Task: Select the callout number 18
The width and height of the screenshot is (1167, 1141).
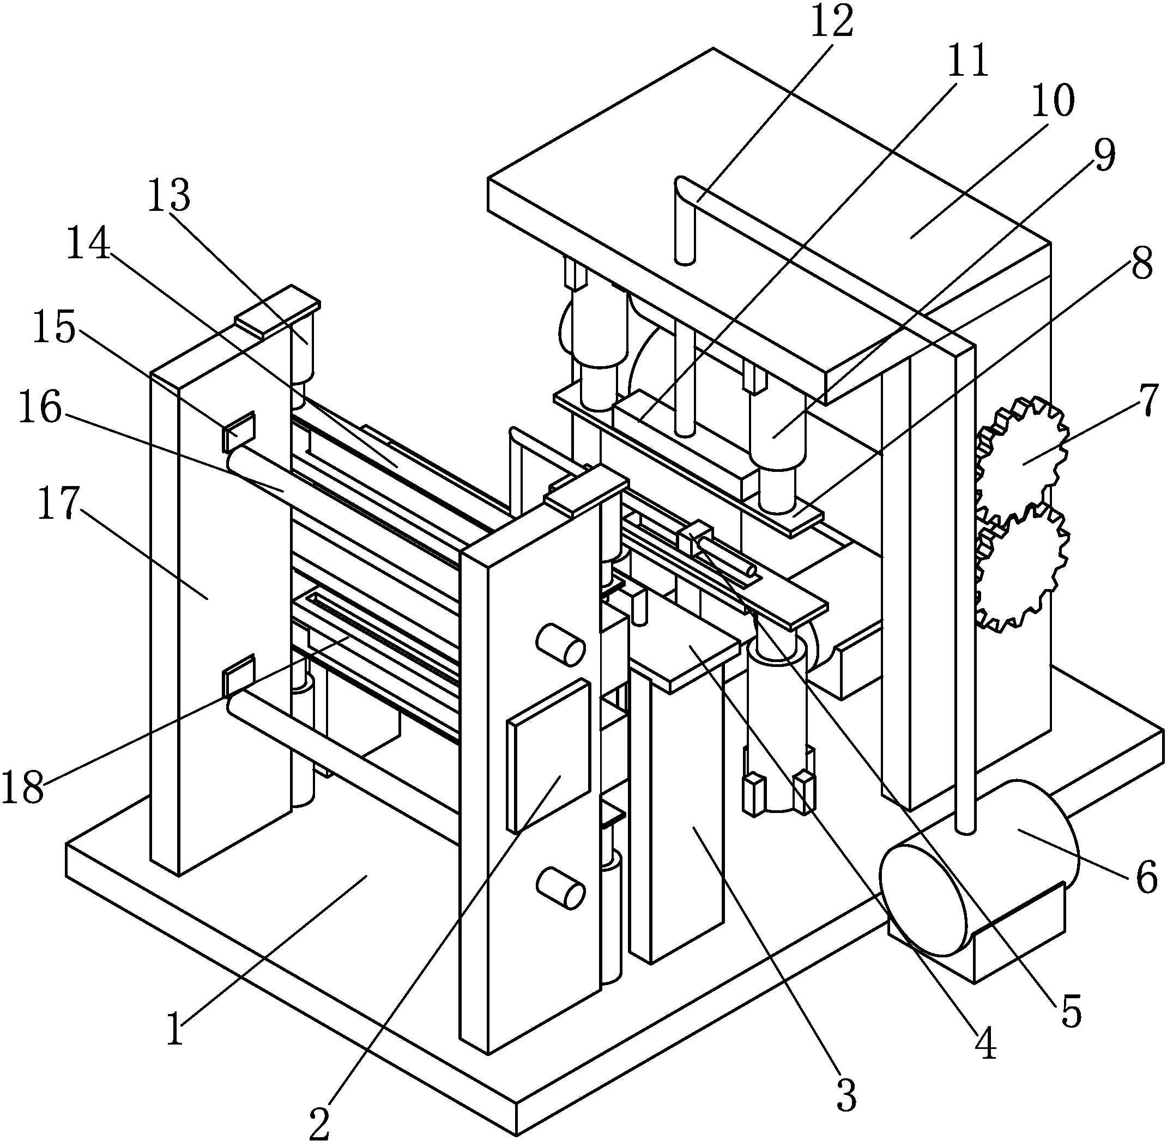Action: point(23,787)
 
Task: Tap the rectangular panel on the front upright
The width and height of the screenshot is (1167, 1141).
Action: point(548,756)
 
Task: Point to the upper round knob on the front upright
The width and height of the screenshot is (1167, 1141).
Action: point(560,644)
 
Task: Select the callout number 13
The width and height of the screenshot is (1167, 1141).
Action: point(170,195)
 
